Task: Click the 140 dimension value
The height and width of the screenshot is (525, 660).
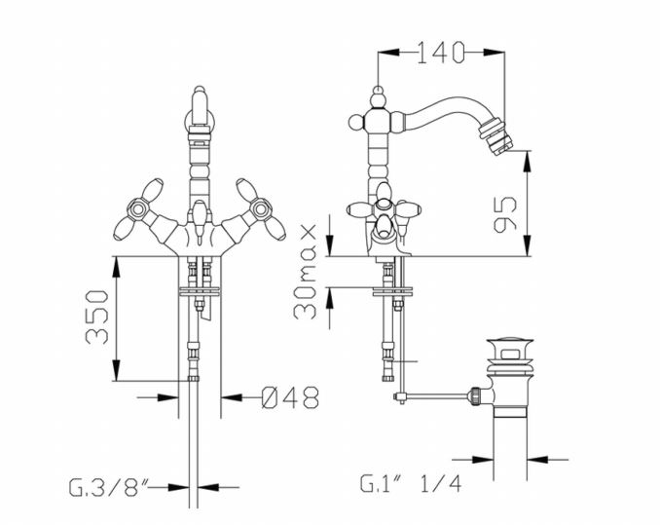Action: coord(441,53)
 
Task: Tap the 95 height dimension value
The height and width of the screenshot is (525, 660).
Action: coord(505,214)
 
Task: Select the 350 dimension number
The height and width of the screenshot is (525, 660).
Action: coord(97,317)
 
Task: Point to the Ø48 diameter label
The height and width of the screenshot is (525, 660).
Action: coord(290,397)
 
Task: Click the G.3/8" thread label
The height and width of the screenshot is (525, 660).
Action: coord(109,487)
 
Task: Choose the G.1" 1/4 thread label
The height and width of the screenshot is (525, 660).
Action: coord(411,484)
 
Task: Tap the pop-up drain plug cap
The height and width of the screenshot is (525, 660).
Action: coord(510,341)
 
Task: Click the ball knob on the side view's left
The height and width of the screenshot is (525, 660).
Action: coord(356,122)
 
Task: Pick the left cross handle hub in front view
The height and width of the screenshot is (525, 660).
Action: coord(137,208)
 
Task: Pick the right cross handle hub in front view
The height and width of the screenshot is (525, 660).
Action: coord(261,208)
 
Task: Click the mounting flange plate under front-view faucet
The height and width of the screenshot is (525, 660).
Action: coord(200,291)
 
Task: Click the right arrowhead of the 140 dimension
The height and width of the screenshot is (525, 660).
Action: coord(494,53)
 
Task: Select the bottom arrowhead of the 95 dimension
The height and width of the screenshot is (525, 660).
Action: coord(527,245)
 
